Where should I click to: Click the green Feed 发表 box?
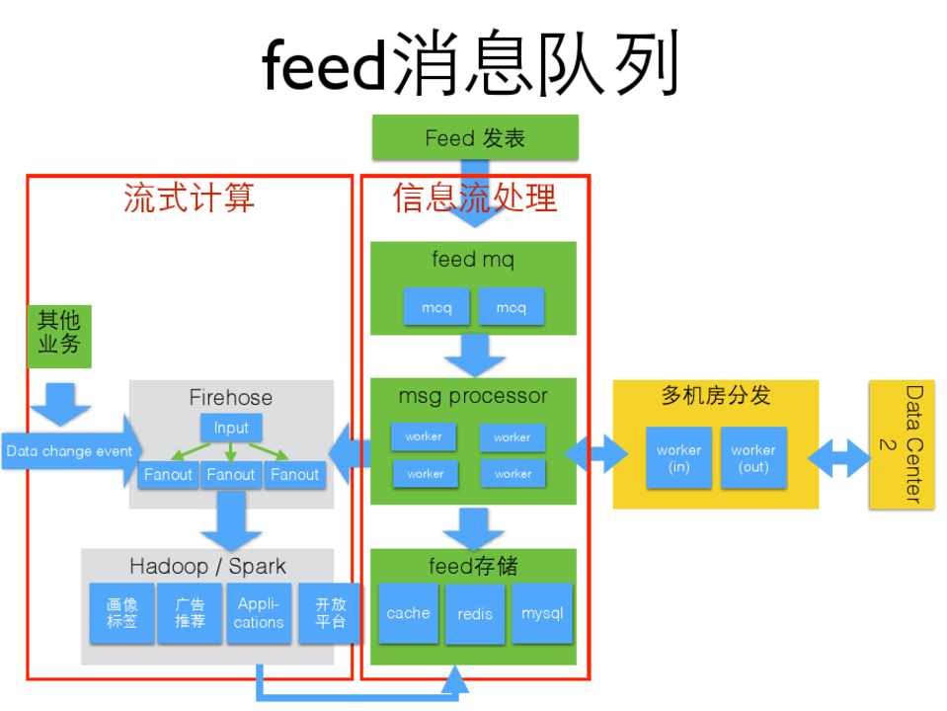pos(475,137)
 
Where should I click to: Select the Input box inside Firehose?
pos(231,428)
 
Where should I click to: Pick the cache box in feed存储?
pos(408,613)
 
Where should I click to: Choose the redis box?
pos(475,614)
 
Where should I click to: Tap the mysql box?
pos(542,613)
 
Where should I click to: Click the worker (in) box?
pos(678,457)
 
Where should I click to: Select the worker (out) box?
pos(753,457)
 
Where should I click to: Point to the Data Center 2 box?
pos(900,444)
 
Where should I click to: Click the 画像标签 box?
pos(122,613)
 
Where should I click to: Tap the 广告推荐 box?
pos(191,613)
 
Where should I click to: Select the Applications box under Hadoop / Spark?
pos(259,613)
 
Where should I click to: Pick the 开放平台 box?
pos(330,613)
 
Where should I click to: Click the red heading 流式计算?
pos(189,197)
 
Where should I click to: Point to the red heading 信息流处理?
pos(475,197)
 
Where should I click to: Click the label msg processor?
pos(473,397)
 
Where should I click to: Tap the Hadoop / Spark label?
pos(207,566)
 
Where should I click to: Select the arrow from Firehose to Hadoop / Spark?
pos(231,521)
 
